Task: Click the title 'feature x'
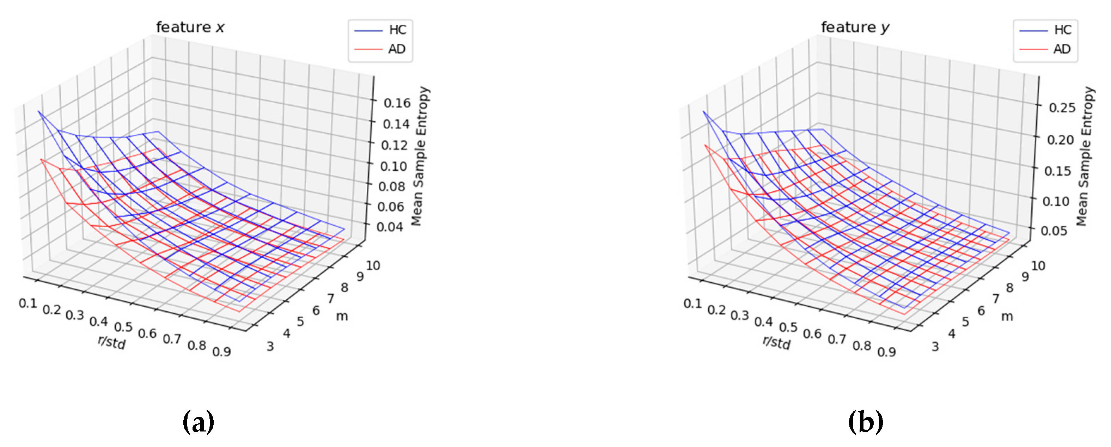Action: click(190, 27)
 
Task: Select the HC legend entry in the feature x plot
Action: click(397, 30)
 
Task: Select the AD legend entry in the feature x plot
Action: click(397, 49)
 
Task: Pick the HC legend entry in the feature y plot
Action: click(1062, 30)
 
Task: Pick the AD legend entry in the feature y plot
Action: click(1062, 49)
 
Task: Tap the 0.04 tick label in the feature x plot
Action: click(390, 227)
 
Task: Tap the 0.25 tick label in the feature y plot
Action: click(1062, 107)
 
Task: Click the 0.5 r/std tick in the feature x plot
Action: click(123, 327)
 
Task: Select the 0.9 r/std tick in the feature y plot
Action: click(887, 352)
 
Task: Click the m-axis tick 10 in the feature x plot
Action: click(373, 265)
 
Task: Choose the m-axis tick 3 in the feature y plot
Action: click(935, 347)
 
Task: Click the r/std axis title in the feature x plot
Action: click(112, 342)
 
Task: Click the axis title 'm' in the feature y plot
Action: click(1007, 317)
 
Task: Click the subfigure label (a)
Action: click(199, 422)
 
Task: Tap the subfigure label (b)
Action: click(866, 422)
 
